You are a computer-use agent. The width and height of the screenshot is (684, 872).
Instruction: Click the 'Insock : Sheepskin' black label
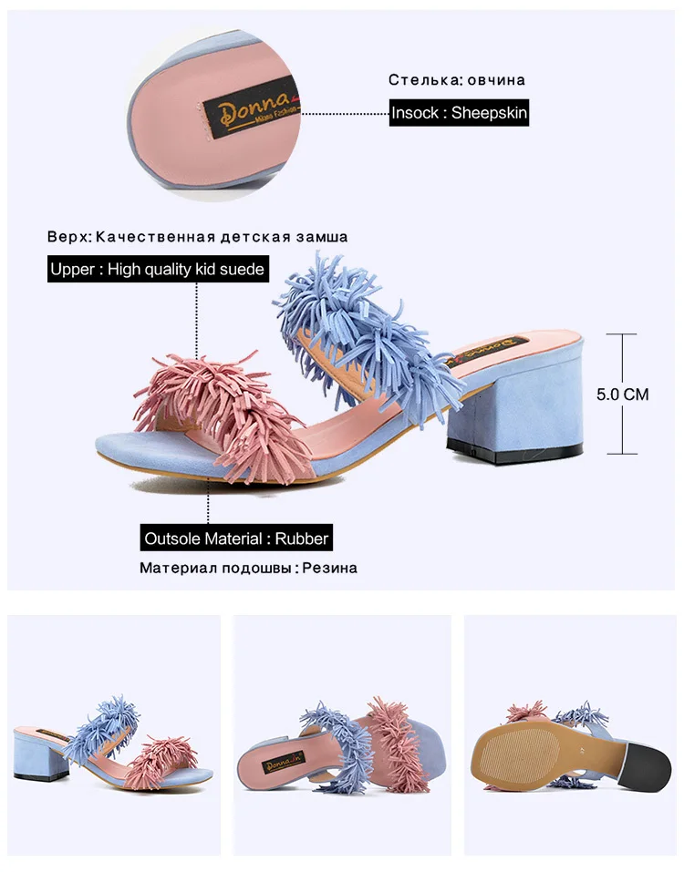click(459, 113)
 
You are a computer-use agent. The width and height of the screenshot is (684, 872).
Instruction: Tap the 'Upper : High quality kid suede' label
click(158, 269)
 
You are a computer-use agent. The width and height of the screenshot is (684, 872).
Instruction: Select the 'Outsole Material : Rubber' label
click(236, 538)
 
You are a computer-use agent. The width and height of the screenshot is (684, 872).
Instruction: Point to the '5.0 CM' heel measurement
click(622, 395)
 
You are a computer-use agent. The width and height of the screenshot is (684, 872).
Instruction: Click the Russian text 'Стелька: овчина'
click(456, 79)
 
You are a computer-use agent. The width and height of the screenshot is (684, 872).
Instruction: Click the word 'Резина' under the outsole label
click(330, 569)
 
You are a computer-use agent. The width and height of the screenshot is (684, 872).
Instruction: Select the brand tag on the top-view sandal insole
click(284, 767)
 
